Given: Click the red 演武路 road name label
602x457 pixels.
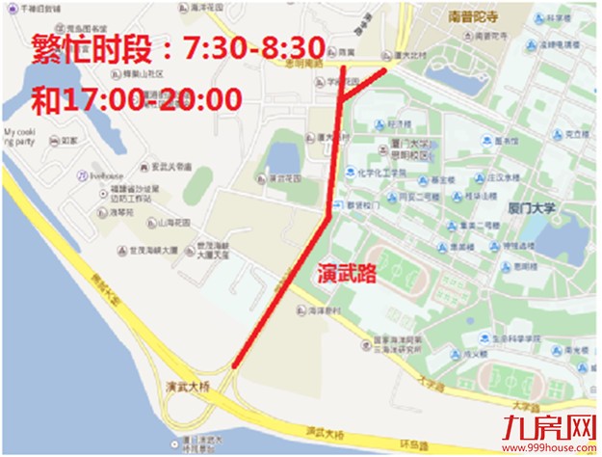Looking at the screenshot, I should tap(347, 274).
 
